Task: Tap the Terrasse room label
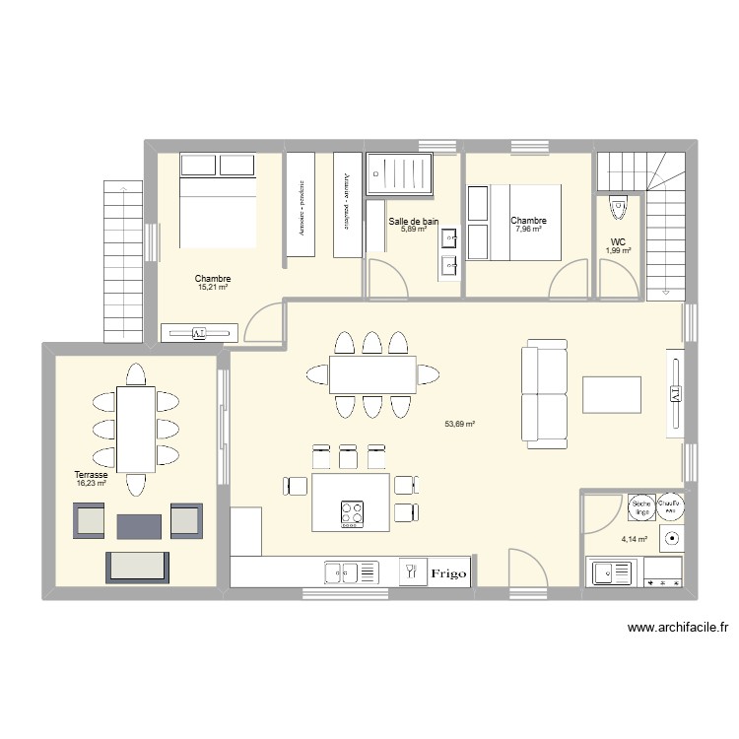[91, 475]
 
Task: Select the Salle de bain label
[413, 222]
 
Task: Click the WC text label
[618, 241]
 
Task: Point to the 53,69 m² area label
[460, 424]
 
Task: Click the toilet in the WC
[618, 208]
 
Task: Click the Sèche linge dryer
[642, 506]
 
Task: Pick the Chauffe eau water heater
[672, 506]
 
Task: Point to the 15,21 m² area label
[213, 288]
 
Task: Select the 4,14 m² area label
[634, 540]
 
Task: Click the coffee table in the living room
[611, 394]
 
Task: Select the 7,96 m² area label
[528, 230]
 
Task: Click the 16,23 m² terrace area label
[91, 484]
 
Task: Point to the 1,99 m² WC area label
[618, 250]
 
